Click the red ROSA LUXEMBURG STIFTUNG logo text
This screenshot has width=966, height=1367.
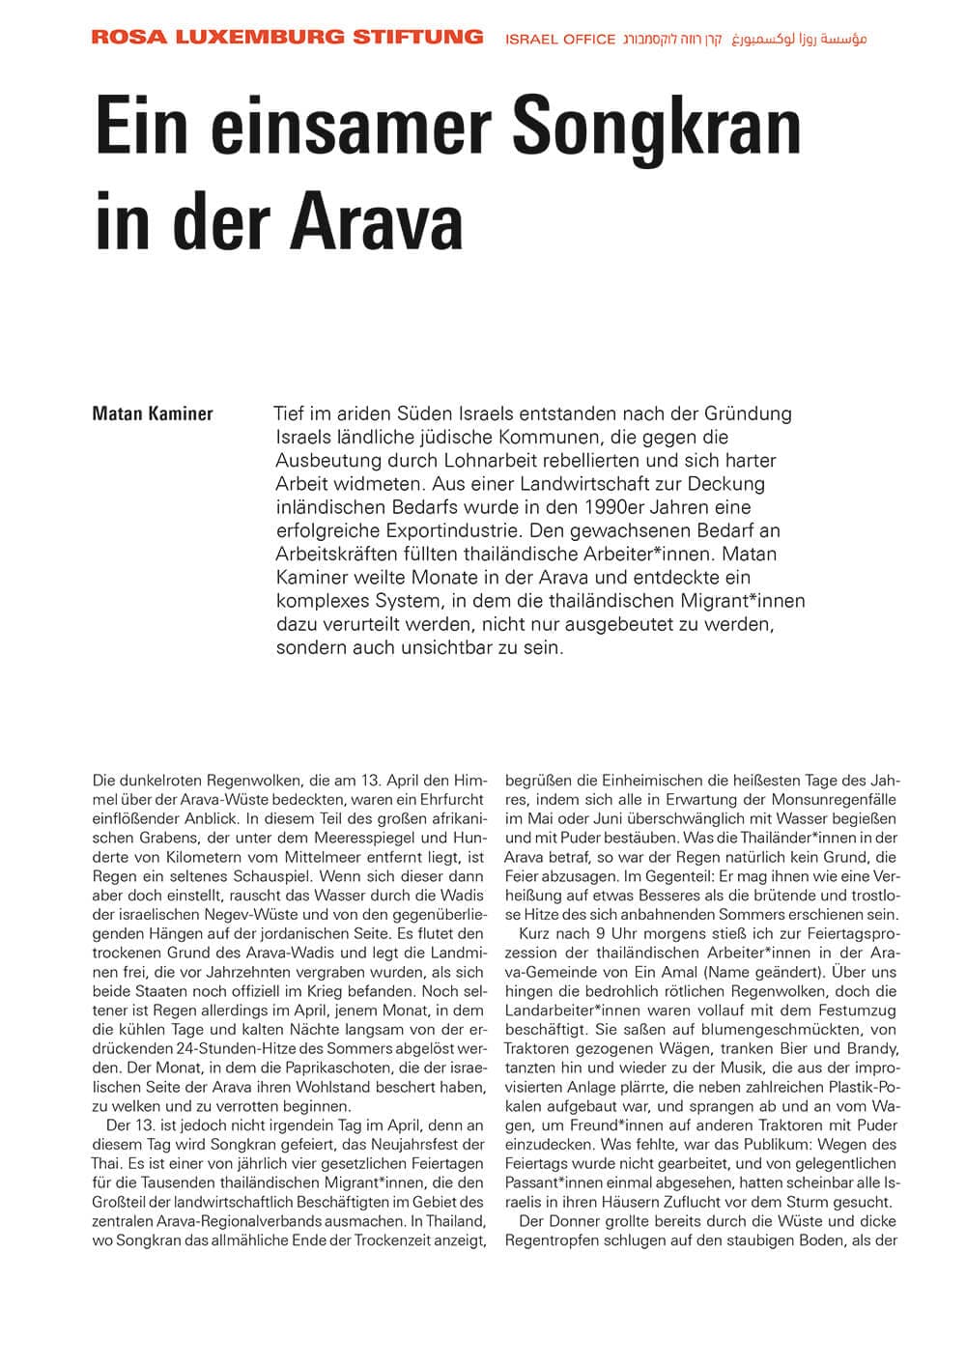coord(287,38)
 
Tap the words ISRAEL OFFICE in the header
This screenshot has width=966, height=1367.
coord(560,40)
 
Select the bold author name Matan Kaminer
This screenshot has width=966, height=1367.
coord(152,414)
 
